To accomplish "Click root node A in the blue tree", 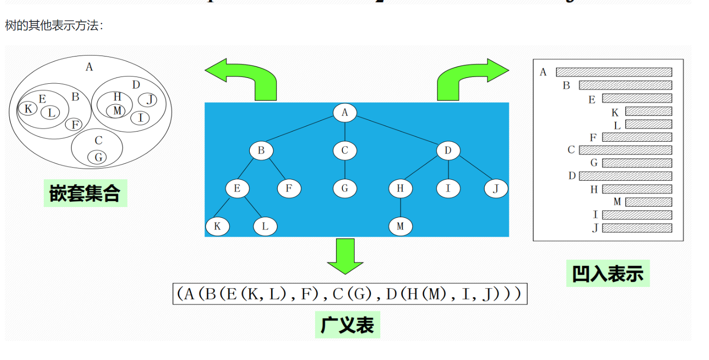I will (345, 113).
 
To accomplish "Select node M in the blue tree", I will (400, 226).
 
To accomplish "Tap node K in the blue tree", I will (217, 226).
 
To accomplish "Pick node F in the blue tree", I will (289, 189).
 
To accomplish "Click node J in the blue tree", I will (496, 189).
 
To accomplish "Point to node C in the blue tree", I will (345, 151).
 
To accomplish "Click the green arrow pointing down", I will (345, 256).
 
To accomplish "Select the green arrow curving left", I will (243, 78).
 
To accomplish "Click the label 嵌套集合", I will (85, 193).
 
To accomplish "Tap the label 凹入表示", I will (608, 273).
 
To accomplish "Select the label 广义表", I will (347, 324).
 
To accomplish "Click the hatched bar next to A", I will (614, 72).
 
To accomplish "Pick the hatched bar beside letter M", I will (648, 202).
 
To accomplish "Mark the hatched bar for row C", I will (625, 150).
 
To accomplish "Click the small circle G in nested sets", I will (97, 157).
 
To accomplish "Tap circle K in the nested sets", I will (28, 109).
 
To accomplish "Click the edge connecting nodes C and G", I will (345, 170).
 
